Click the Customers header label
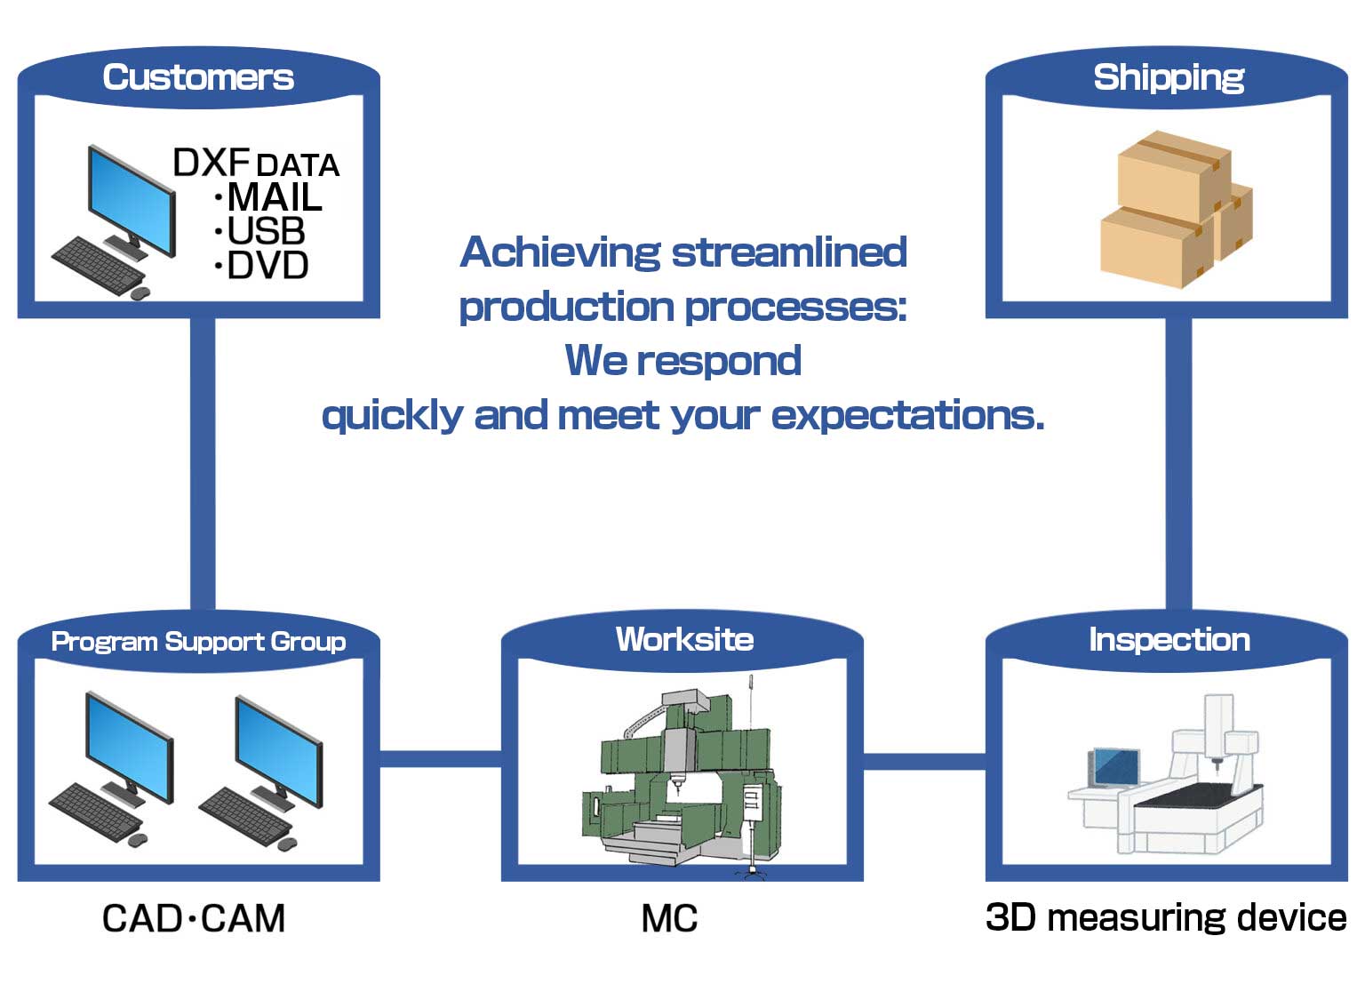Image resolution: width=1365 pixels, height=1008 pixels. tap(198, 77)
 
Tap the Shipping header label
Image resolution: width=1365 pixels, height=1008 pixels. tap(1168, 77)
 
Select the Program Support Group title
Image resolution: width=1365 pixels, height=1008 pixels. tap(198, 641)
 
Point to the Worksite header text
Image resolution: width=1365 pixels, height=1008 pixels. tap(684, 639)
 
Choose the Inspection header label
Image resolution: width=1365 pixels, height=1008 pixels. tap(1169, 639)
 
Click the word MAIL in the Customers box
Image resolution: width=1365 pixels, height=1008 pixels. tap(275, 197)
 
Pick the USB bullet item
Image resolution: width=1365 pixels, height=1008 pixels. tap(266, 231)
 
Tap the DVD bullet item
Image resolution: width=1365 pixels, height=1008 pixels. tap(267, 265)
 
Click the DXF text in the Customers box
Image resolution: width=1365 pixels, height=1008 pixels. tap(211, 163)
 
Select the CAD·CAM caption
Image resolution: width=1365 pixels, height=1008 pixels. tap(194, 918)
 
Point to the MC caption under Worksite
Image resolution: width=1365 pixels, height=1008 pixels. tap(669, 919)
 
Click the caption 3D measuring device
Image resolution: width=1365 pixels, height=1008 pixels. tap(1166, 917)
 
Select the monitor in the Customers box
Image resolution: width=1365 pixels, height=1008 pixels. tap(131, 201)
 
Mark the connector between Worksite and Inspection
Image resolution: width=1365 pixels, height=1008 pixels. tap(924, 761)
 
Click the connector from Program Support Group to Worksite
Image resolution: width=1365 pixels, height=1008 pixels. tap(441, 758)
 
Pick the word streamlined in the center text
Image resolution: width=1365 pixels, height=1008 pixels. tap(789, 252)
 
